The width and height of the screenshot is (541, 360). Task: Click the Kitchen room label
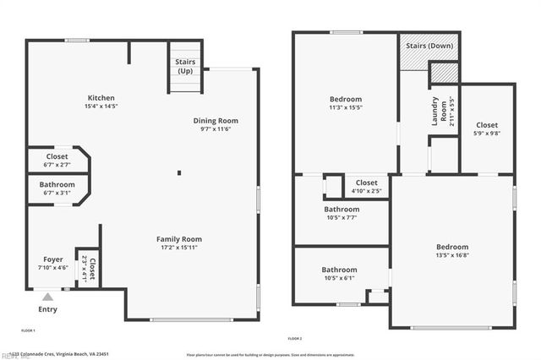pos(101,98)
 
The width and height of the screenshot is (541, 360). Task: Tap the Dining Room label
pos(216,121)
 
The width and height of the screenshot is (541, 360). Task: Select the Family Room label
pos(178,239)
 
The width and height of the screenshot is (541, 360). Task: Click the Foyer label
pos(53,259)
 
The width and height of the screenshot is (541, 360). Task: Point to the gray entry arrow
pos(48,297)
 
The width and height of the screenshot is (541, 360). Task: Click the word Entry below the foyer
pos(48,309)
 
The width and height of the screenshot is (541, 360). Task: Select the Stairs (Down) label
pos(429,46)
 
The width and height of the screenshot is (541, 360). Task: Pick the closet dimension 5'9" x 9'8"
pos(486,134)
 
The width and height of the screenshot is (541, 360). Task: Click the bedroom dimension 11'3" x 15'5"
pos(345,108)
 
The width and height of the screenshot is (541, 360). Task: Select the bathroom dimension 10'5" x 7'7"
pos(342,217)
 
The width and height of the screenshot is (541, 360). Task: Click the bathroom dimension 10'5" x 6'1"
pos(342,279)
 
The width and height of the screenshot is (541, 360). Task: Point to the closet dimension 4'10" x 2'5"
pos(366,191)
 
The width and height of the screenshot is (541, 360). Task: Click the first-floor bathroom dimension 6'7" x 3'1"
pos(57,194)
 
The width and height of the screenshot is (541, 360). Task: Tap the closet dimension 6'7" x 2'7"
pos(57,165)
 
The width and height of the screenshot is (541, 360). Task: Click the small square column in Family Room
pos(179,173)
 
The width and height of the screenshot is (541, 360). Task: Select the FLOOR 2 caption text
pos(295,338)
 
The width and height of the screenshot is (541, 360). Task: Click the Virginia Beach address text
pos(68,354)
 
